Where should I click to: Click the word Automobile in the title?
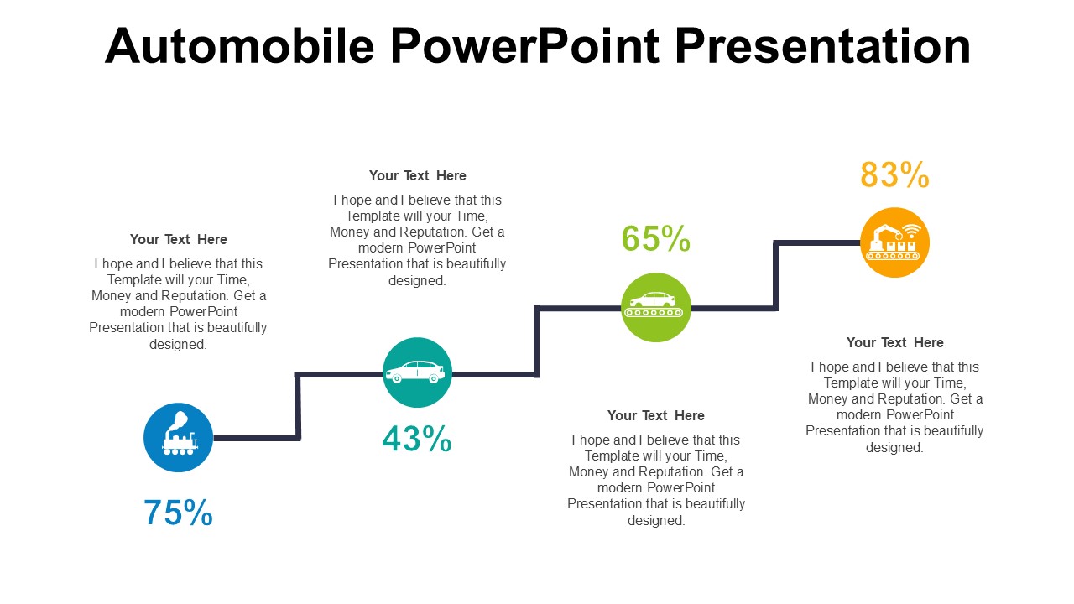pyautogui.click(x=239, y=46)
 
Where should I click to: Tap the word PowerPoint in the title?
pyautogui.click(x=525, y=46)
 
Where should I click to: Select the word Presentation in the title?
pyautogui.click(x=823, y=46)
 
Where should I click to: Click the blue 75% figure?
pyautogui.click(x=178, y=513)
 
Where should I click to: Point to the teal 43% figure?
pyautogui.click(x=417, y=439)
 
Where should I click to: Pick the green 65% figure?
pyautogui.click(x=655, y=239)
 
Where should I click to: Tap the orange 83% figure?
pyautogui.click(x=894, y=174)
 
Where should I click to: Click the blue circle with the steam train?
pyautogui.click(x=179, y=438)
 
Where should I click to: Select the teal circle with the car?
pyautogui.click(x=417, y=372)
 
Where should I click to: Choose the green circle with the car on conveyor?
pyautogui.click(x=656, y=307)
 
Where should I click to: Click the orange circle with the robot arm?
pyautogui.click(x=894, y=242)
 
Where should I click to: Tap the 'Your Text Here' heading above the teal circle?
pyautogui.click(x=417, y=176)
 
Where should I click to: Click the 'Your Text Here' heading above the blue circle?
pyautogui.click(x=179, y=239)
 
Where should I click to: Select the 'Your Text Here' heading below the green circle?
pyautogui.click(x=656, y=415)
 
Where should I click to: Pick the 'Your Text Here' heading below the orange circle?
pyautogui.click(x=894, y=343)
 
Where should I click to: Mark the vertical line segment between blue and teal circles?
pyautogui.click(x=298, y=406)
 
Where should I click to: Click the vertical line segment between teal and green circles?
pyautogui.click(x=536, y=341)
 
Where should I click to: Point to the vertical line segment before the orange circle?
pyautogui.click(x=776, y=276)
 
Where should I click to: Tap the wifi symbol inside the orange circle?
pyautogui.click(x=911, y=231)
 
